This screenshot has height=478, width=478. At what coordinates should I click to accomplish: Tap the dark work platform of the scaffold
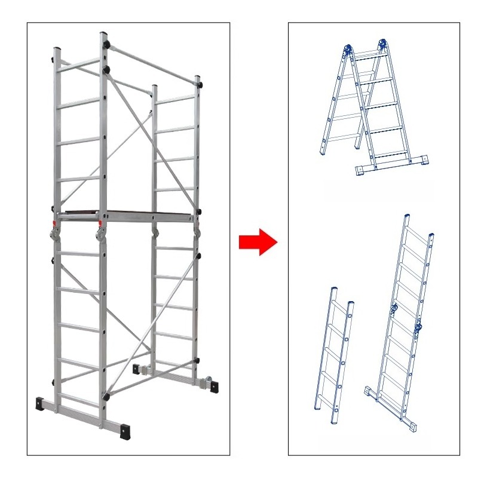128,212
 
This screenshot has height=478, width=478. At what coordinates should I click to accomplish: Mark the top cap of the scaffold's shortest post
154,87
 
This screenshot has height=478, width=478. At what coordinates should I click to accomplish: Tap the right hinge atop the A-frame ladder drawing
382,44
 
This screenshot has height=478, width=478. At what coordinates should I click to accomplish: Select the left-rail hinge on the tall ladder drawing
393,308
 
